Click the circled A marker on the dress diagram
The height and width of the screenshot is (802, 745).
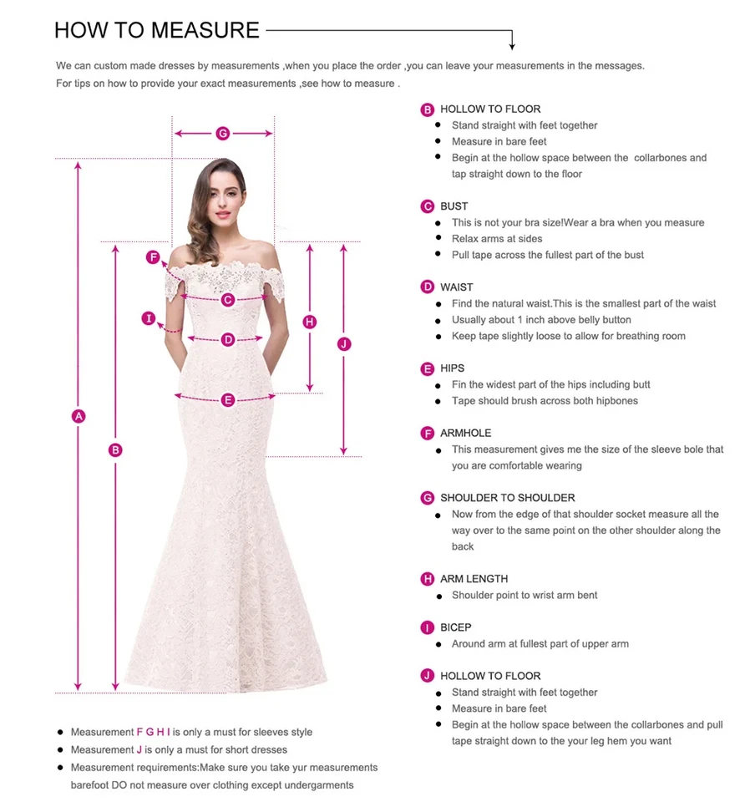tap(79, 416)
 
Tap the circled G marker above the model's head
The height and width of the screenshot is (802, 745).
tap(223, 134)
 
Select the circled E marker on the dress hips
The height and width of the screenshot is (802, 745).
tap(228, 399)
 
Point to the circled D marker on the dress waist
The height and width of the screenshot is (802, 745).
tap(228, 339)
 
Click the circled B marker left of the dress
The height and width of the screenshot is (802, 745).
tap(116, 450)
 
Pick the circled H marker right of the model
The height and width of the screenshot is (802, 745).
tap(310, 322)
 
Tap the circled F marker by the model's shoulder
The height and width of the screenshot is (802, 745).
tap(154, 257)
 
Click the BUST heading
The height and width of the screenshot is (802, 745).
tap(454, 206)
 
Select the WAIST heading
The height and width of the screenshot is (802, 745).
tap(457, 287)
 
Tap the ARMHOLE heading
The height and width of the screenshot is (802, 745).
tap(466, 433)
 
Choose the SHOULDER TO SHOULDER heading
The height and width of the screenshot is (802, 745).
tap(508, 498)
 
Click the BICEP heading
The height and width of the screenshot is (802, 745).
tap(456, 627)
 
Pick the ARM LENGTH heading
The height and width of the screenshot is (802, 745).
tap(474, 579)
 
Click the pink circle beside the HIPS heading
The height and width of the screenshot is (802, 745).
tap(428, 368)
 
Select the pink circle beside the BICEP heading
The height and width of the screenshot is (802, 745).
tap(428, 627)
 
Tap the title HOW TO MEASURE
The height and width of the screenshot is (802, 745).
tap(157, 31)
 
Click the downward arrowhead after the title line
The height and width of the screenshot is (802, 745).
tap(512, 45)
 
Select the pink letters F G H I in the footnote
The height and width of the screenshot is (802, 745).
tap(154, 732)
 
